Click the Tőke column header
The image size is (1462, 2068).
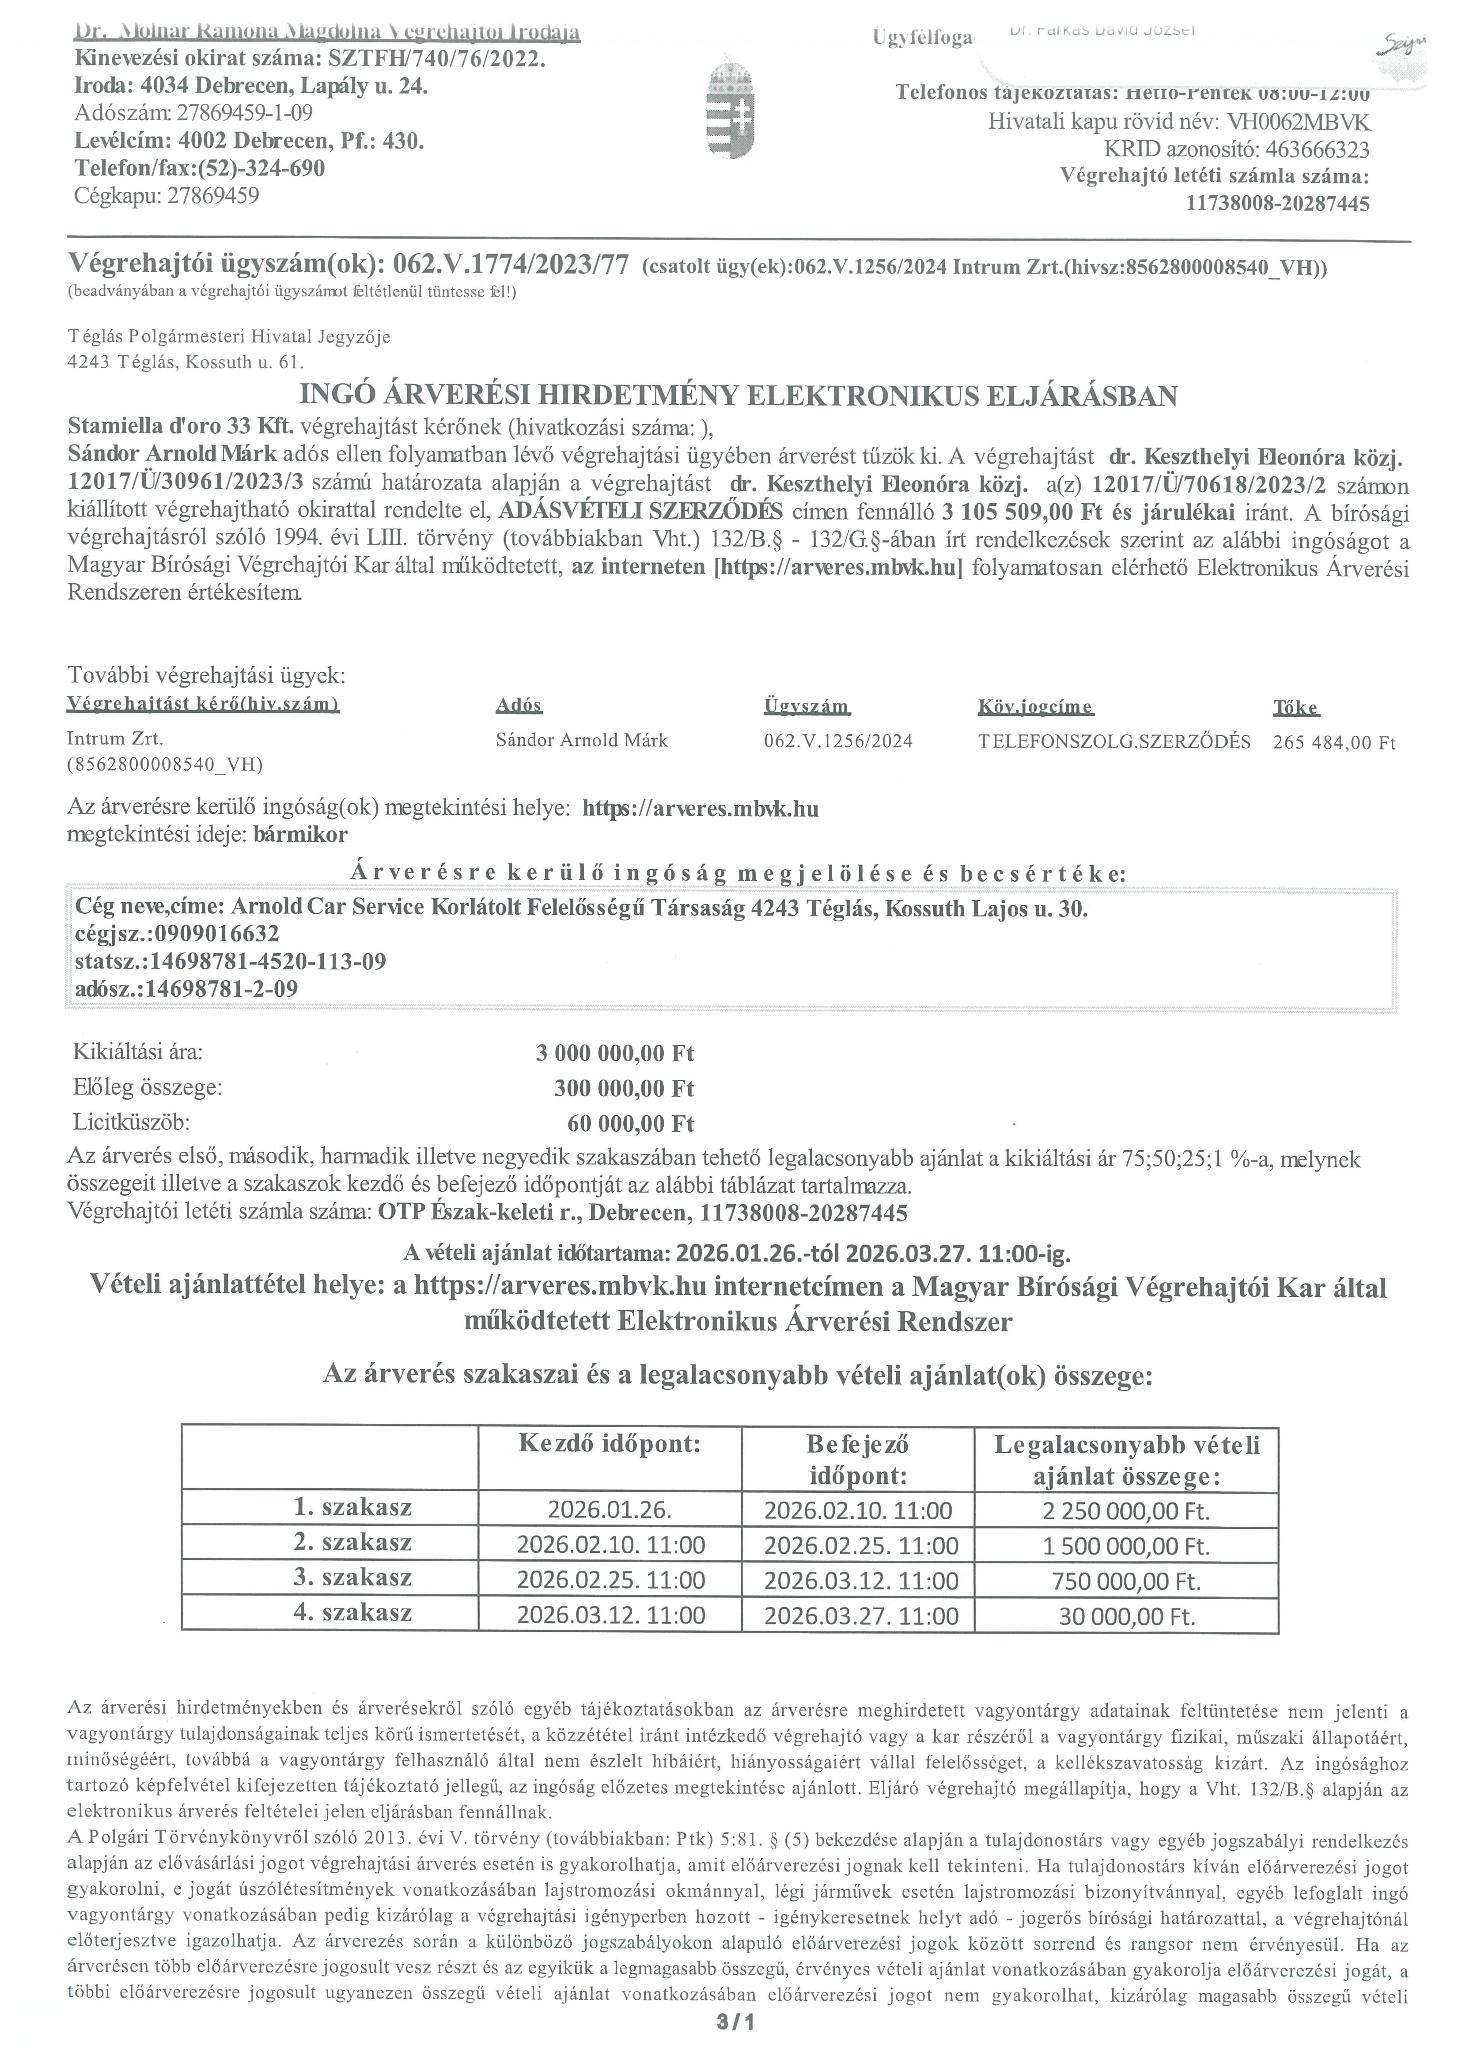tap(1295, 707)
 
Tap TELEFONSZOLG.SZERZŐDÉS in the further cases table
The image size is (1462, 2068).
tap(1114, 741)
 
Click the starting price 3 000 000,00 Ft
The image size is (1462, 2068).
tap(615, 1053)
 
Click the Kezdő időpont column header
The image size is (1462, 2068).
tap(610, 1445)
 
